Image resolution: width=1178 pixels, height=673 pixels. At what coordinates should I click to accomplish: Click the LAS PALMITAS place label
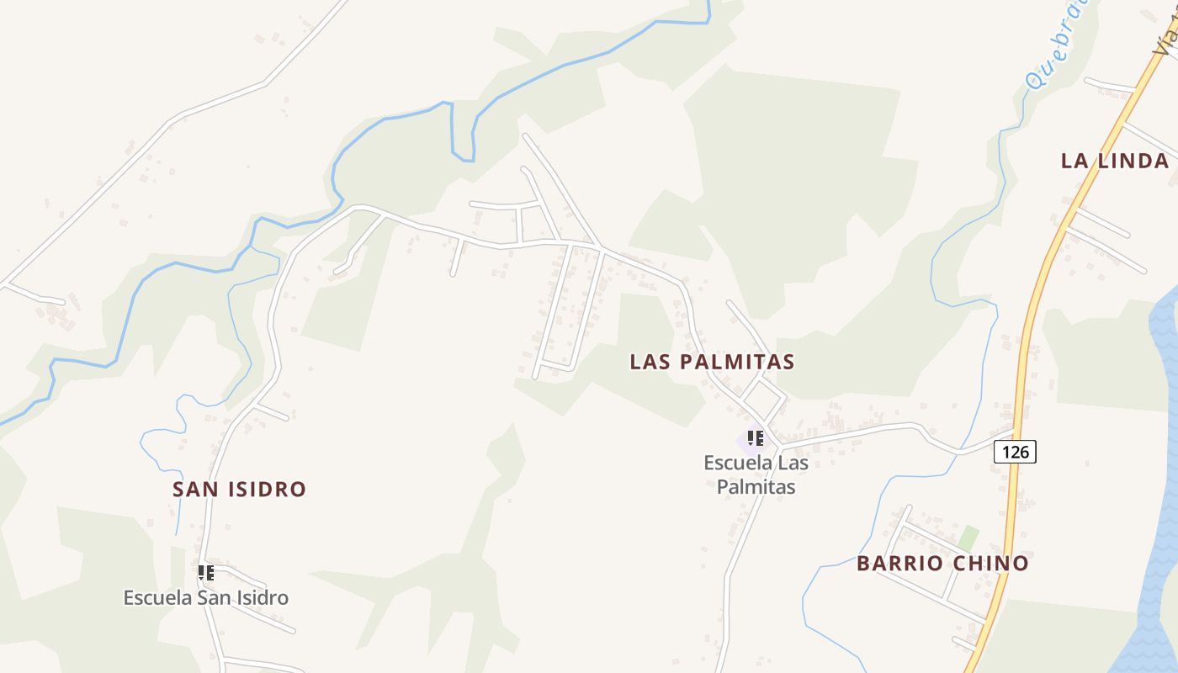pos(712,362)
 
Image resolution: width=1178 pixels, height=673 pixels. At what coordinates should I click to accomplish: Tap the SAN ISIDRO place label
pos(239,489)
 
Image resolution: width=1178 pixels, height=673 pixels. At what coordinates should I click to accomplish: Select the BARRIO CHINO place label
pos(942,563)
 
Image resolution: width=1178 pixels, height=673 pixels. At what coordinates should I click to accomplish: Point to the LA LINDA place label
pos(1115,161)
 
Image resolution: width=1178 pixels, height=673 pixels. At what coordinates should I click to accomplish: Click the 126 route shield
pos(1015,452)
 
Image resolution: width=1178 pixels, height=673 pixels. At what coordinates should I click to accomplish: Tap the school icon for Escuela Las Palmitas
pos(756,437)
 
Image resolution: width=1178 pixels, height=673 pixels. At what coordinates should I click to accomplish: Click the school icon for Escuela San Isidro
pos(206,573)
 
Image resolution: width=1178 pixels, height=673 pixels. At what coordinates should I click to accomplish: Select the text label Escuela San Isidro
pos(206,598)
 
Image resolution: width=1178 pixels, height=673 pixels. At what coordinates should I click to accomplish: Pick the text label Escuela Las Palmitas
pos(756,474)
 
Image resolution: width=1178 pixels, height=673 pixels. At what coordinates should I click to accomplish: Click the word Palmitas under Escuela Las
pos(756,486)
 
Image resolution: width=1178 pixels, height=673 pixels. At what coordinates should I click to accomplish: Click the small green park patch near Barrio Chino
pos(968,536)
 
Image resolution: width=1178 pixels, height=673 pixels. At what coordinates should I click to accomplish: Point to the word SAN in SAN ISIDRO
pos(190,489)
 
